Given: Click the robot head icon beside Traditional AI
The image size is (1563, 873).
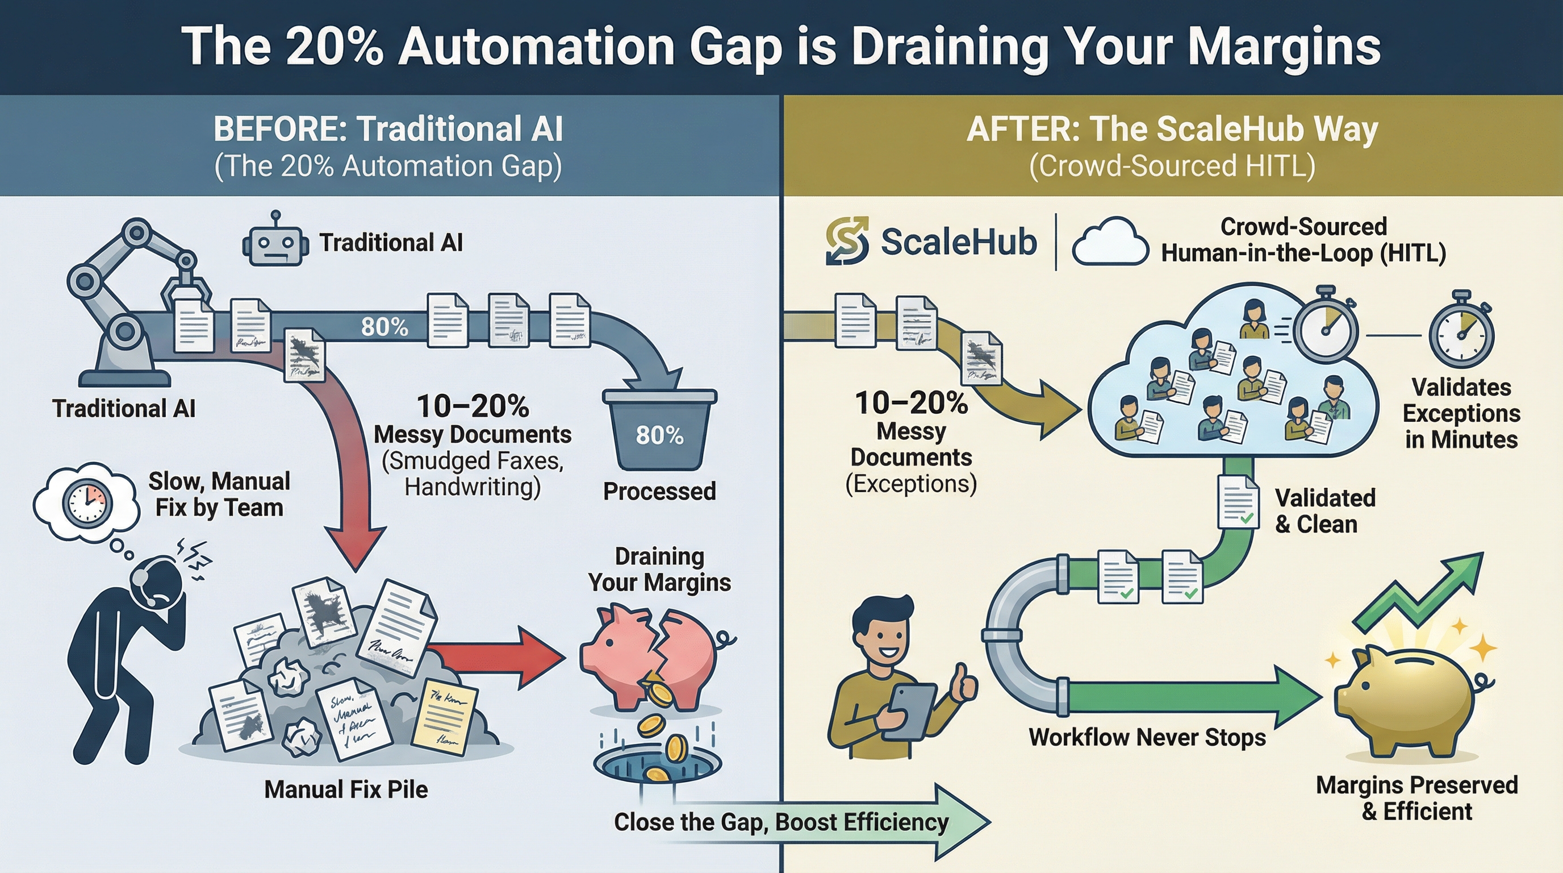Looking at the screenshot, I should tap(275, 246).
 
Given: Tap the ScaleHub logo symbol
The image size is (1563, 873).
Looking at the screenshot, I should tap(847, 241).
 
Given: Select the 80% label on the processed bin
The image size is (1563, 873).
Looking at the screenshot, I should tap(659, 435).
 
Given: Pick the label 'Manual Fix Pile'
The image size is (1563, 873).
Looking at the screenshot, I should tap(346, 789).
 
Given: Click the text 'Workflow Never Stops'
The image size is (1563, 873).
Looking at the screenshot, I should tap(1147, 737).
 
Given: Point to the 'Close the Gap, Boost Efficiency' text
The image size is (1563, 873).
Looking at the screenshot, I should tap(781, 822).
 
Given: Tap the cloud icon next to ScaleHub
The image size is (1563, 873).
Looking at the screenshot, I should tap(1110, 243).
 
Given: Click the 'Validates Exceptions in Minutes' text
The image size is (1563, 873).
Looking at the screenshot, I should tap(1461, 413).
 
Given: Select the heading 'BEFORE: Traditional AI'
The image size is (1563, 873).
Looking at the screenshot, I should tap(388, 128).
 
